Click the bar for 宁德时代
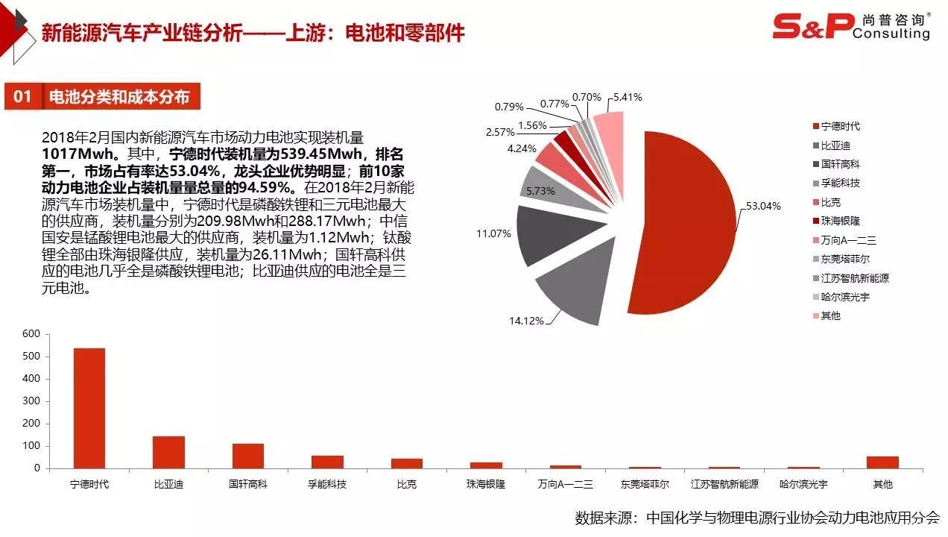tap(89, 408)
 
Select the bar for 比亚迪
tap(168, 452)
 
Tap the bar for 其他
tap(882, 462)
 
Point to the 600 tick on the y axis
tap(31, 334)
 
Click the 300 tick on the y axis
tap(31, 401)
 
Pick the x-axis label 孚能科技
tap(327, 484)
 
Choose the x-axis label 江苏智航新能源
tap(724, 484)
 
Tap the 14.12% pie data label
tap(525, 321)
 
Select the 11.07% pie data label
tap(493, 233)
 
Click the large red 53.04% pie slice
tap(686, 224)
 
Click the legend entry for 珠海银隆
tap(840, 221)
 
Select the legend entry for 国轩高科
tap(840, 164)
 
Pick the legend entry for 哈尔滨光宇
tap(845, 297)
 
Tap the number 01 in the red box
tap(23, 97)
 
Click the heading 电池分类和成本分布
tap(119, 97)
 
